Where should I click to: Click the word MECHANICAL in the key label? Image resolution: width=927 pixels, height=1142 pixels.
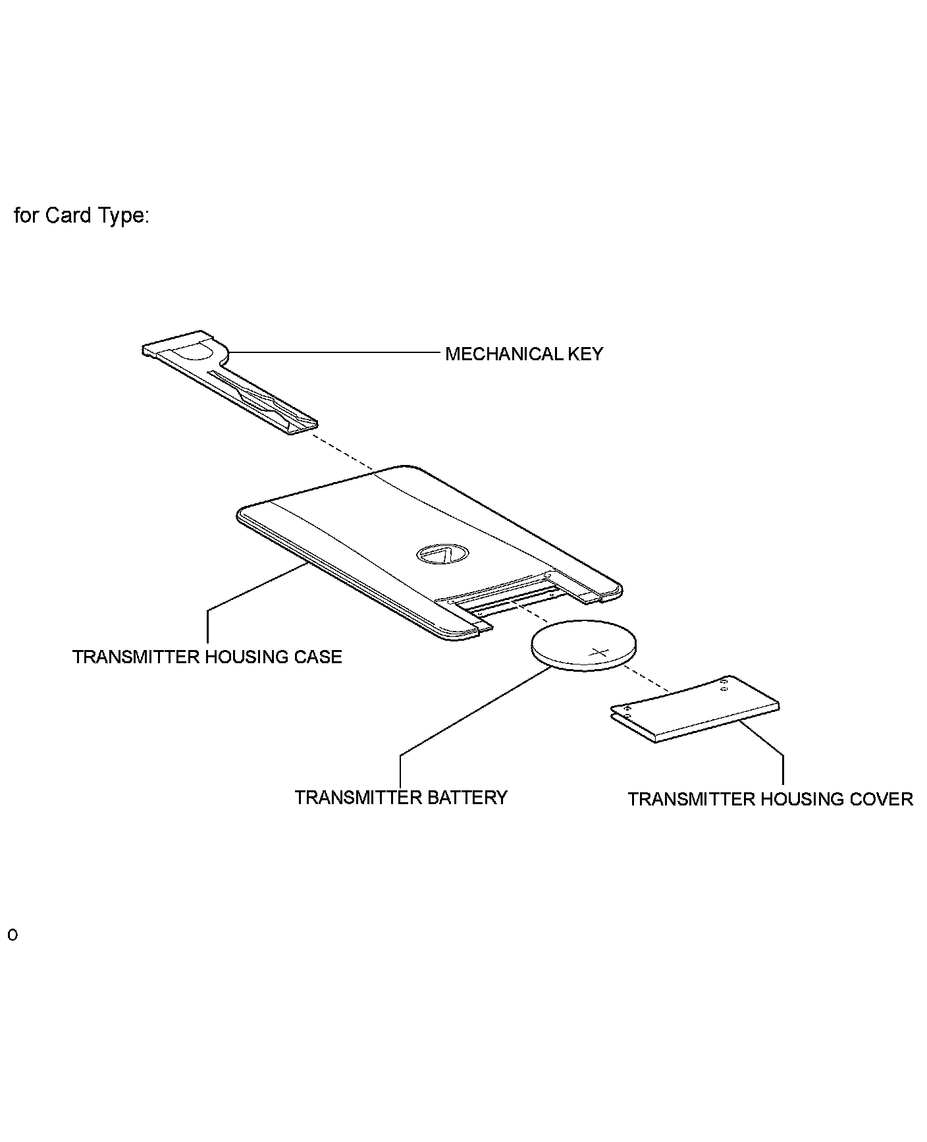[x=497, y=354]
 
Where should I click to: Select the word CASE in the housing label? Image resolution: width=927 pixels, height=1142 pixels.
[x=319, y=657]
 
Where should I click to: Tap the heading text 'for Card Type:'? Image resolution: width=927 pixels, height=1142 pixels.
[x=82, y=215]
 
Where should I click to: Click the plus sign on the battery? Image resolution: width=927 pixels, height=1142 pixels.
[x=600, y=653]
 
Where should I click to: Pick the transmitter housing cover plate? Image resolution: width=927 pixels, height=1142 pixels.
[x=695, y=709]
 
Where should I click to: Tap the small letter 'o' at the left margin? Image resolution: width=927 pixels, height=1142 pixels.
[x=12, y=936]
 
